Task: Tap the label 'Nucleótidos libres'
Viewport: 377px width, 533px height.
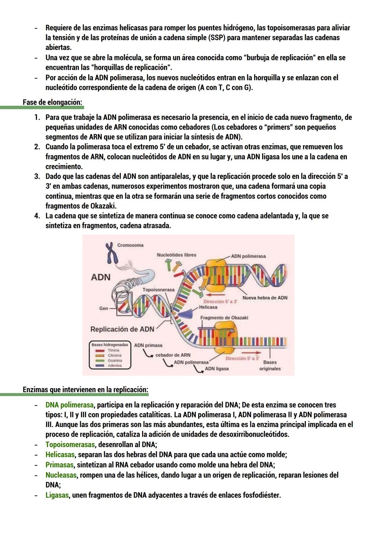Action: (x=176, y=255)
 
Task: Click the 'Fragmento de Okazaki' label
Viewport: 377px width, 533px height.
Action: (x=224, y=318)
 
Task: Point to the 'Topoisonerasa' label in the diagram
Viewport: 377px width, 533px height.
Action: (x=158, y=290)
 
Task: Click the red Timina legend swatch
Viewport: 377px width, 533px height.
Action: (x=100, y=350)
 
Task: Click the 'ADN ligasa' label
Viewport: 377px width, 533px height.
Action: (x=217, y=369)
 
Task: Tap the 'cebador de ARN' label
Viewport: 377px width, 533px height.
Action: (x=173, y=355)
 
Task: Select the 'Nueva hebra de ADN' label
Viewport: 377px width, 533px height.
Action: (x=265, y=298)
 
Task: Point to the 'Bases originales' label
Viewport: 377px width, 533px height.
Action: (x=270, y=365)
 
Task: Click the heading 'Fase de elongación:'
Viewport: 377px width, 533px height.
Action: (x=52, y=102)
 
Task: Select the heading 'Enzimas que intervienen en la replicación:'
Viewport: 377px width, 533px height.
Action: (x=86, y=390)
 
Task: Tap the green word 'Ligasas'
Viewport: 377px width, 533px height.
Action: (x=57, y=495)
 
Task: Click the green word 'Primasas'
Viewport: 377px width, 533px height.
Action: (x=59, y=465)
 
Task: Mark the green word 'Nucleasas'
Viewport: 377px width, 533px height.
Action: (x=61, y=475)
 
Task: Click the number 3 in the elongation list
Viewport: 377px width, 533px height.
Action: (x=37, y=177)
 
